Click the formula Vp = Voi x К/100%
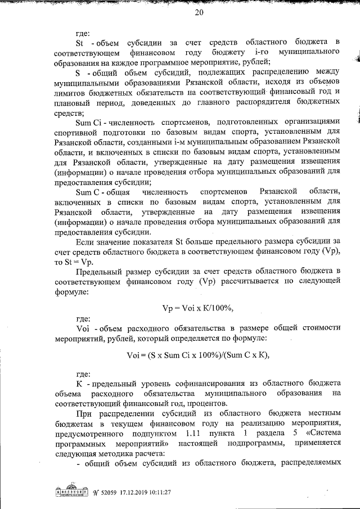tap(197, 308)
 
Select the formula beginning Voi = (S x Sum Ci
tap(199, 354)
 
